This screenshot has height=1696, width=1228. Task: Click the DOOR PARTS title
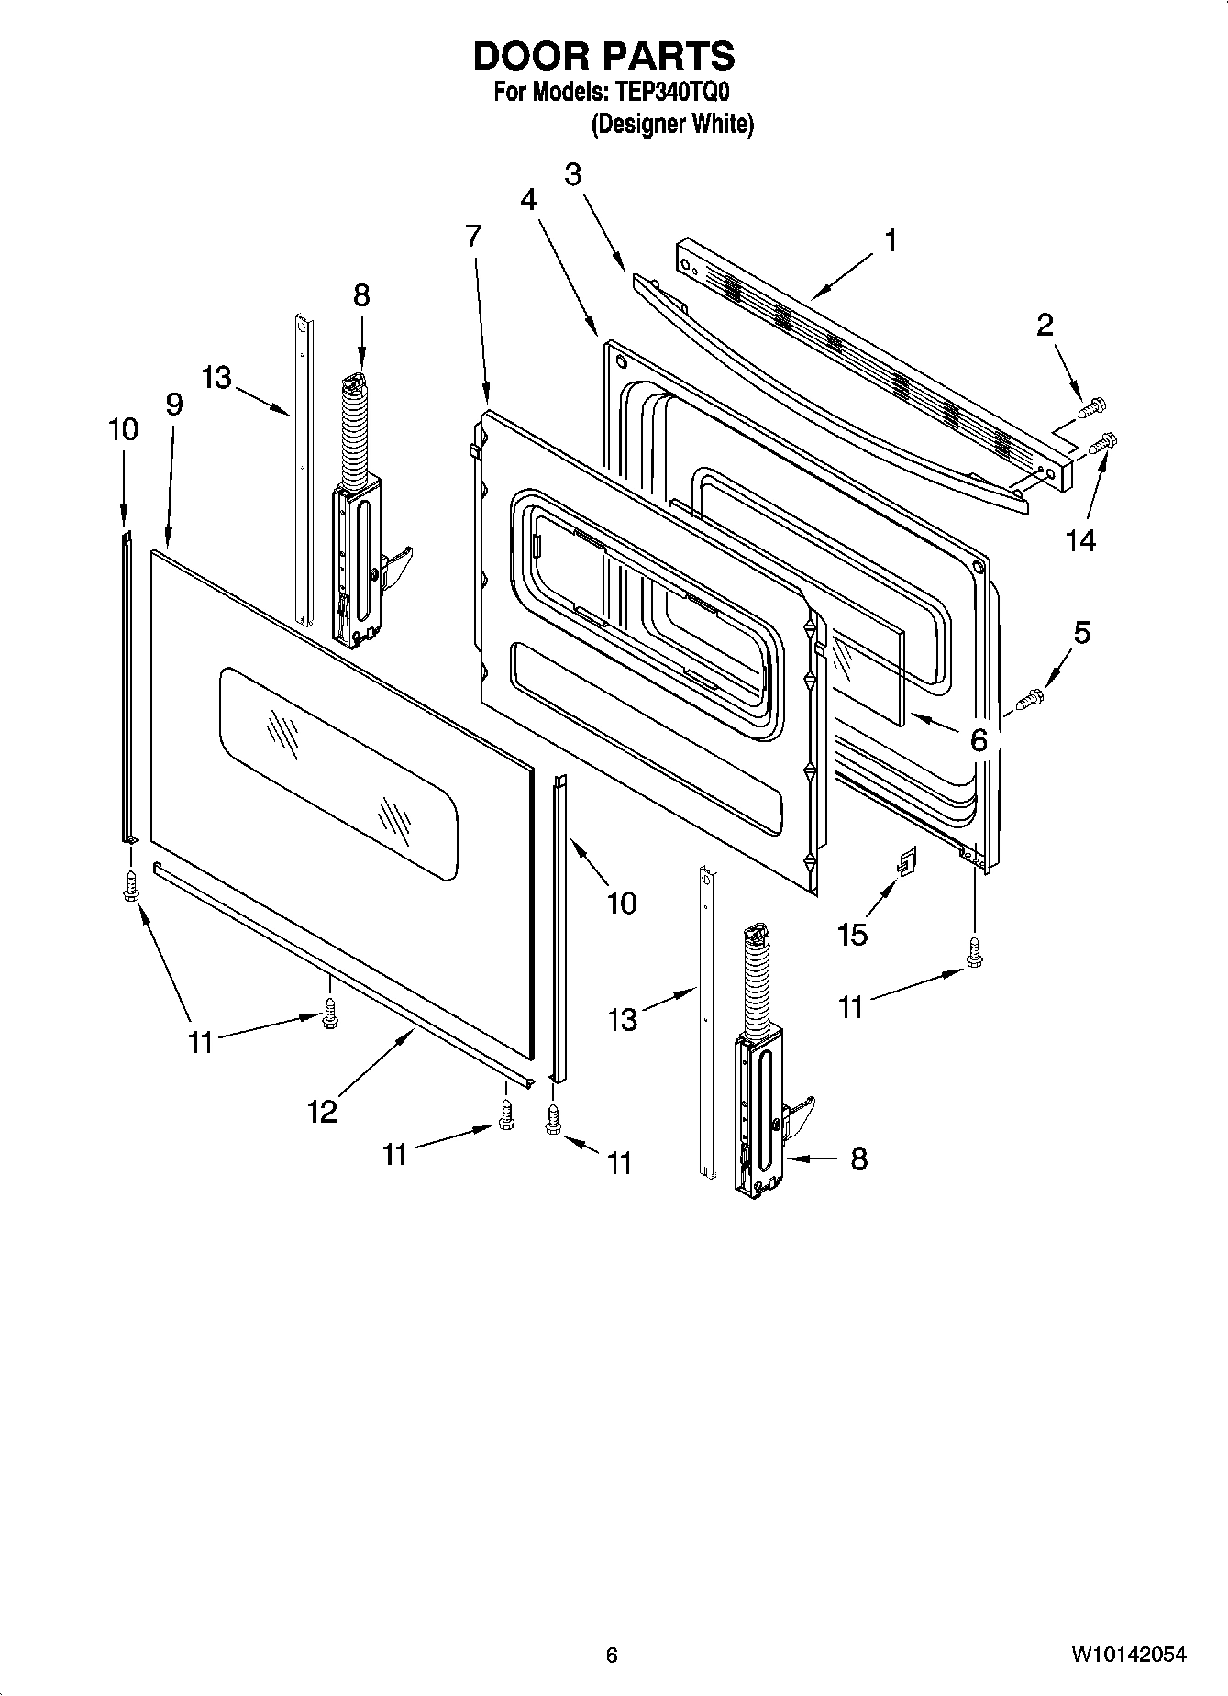point(603,57)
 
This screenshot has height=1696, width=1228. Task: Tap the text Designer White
point(672,125)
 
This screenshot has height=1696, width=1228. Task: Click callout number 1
point(890,240)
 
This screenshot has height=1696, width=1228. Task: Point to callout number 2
point(1045,325)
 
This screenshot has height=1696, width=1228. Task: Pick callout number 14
point(1080,541)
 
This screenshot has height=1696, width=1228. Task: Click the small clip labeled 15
point(906,861)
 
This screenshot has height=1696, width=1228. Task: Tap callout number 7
point(472,237)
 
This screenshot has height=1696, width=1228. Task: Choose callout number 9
point(174,405)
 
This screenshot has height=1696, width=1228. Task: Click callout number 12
point(322,1112)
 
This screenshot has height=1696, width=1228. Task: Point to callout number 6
point(979,739)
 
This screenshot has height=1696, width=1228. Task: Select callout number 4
point(529,199)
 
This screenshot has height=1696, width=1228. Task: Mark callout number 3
point(573,174)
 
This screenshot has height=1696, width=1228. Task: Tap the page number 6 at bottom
point(612,1655)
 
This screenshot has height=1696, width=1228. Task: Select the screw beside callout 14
point(1101,444)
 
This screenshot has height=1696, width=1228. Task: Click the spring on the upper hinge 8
point(353,431)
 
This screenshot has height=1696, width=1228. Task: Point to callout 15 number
point(852,935)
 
